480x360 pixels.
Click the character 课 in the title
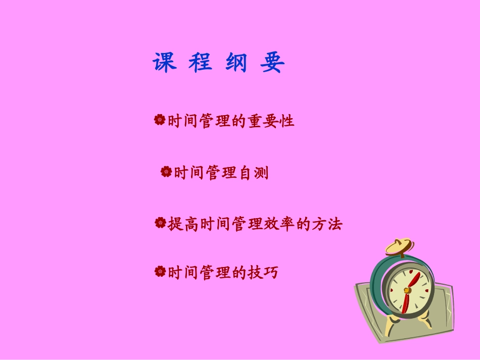[x=165, y=63]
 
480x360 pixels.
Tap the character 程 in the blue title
[x=201, y=63]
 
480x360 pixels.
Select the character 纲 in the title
[x=236, y=63]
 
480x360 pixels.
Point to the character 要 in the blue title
[x=273, y=63]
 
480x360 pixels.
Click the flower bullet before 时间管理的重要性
[x=160, y=121]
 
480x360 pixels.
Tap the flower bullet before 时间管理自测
[x=166, y=173]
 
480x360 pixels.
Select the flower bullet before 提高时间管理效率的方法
[x=160, y=223]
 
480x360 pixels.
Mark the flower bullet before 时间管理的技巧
[x=160, y=272]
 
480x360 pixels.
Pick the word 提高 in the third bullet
[x=183, y=223]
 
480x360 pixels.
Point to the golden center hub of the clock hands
[x=407, y=290]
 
